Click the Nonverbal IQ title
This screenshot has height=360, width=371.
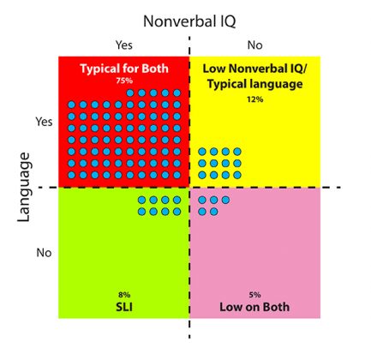tap(189, 21)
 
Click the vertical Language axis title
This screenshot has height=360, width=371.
tap(24, 188)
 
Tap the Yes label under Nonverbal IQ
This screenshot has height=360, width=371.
tap(124, 45)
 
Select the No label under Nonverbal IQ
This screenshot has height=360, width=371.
tap(254, 45)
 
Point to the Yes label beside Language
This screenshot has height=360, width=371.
tap(44, 122)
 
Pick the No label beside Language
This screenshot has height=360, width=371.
tap(44, 253)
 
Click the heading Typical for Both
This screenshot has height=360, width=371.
tap(124, 69)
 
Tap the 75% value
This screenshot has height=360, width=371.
tap(124, 81)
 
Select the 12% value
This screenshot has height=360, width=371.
tap(255, 99)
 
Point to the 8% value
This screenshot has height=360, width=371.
tap(124, 295)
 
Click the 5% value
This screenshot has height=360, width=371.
tap(254, 295)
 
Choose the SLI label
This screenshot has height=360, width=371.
tap(124, 307)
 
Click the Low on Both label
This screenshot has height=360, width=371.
tap(254, 307)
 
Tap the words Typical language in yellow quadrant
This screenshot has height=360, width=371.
tap(255, 84)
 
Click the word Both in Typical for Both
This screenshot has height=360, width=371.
tap(155, 69)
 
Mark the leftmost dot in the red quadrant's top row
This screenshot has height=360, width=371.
tap(130, 93)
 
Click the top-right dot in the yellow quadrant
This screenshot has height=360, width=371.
tap(237, 152)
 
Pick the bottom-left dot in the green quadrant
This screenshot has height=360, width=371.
tap(141, 212)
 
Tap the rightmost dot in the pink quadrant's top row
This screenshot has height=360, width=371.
tap(225, 200)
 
